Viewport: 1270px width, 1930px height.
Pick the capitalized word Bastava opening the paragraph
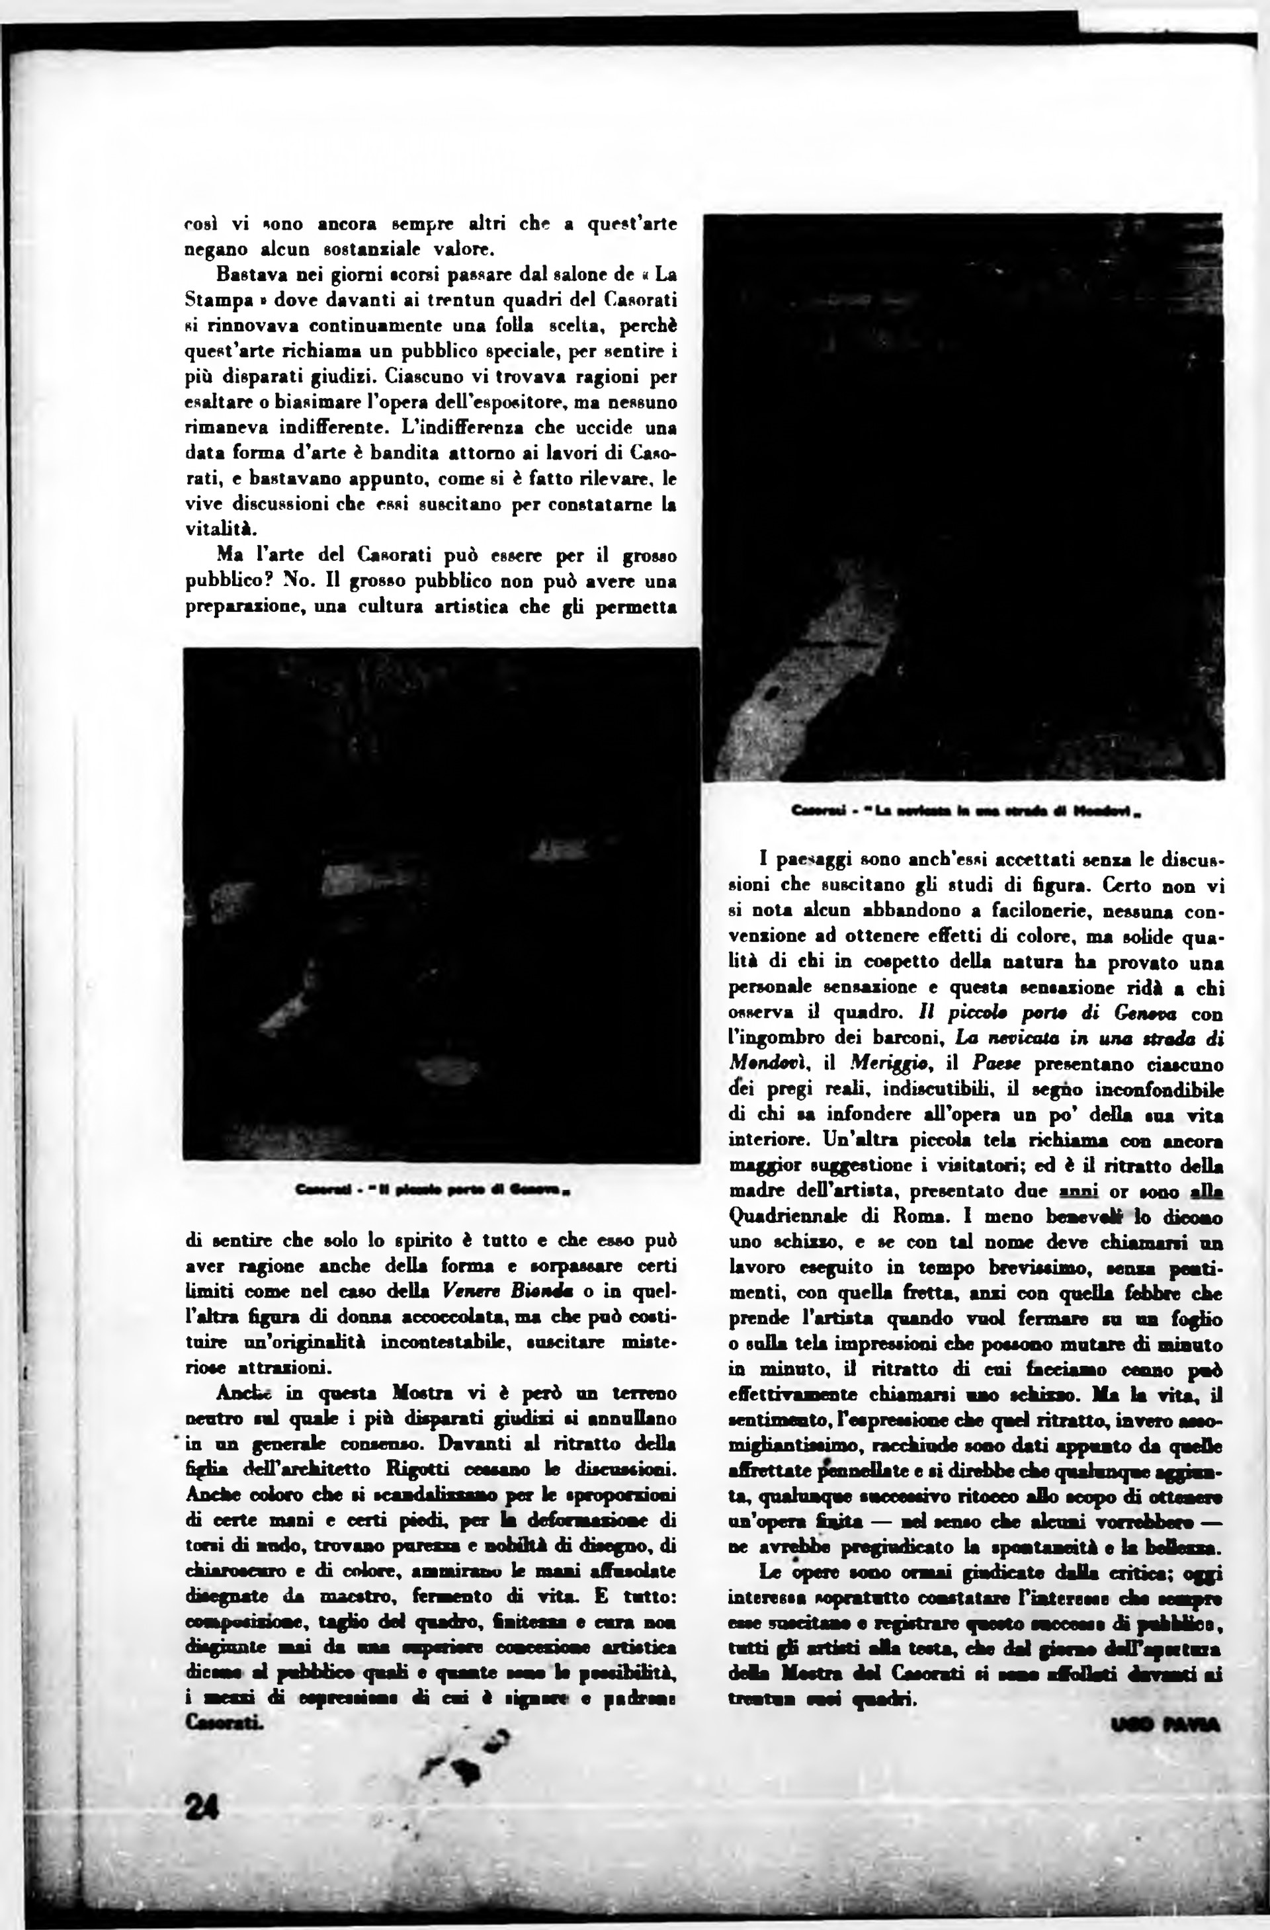tap(247, 275)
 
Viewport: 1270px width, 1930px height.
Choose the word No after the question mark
tap(300, 581)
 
